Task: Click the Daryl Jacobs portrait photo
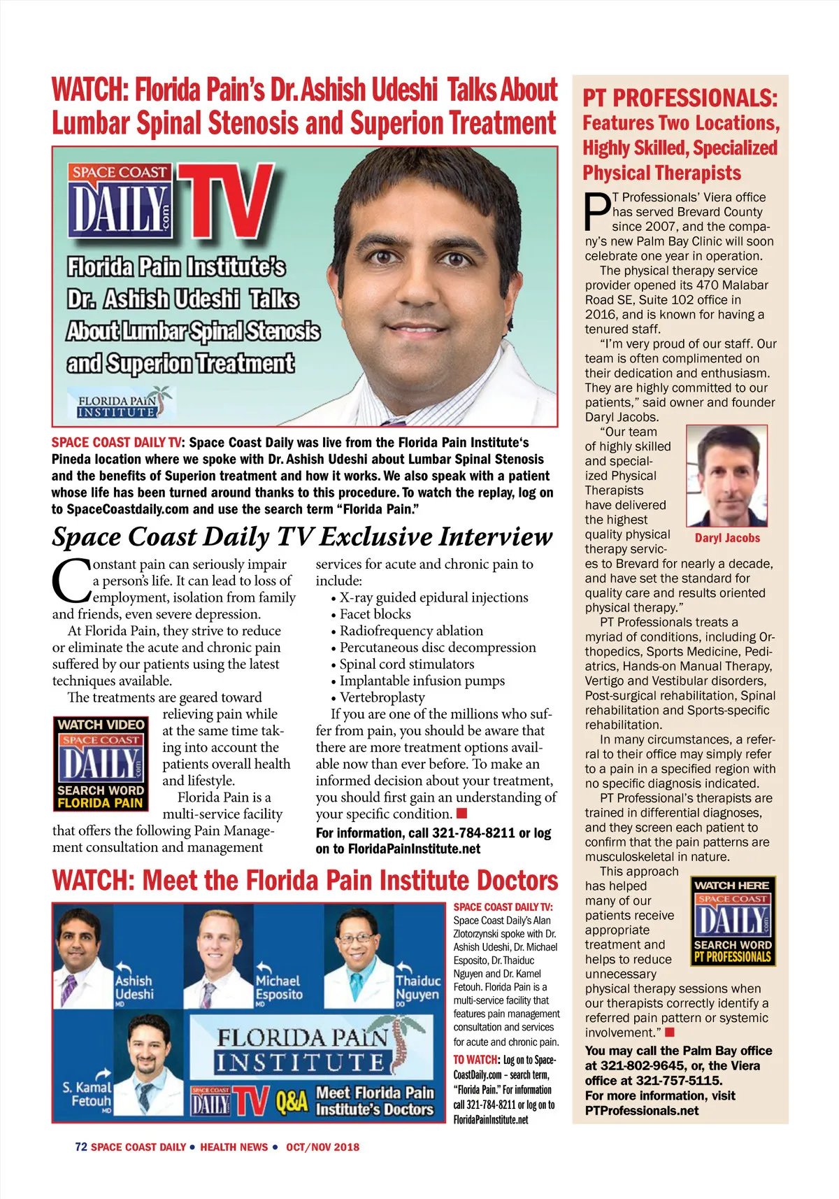pyautogui.click(x=726, y=476)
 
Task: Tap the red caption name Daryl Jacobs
pyautogui.click(x=727, y=538)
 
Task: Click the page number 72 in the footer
pyautogui.click(x=81, y=1147)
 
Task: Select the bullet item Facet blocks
pyautogui.click(x=375, y=614)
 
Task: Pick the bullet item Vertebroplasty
pyautogui.click(x=382, y=697)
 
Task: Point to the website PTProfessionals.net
pyautogui.click(x=642, y=1110)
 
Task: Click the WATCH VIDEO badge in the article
pyautogui.click(x=101, y=763)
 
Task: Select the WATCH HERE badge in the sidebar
pyautogui.click(x=733, y=921)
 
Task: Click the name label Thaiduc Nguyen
pyautogui.click(x=418, y=987)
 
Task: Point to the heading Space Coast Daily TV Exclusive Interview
pyautogui.click(x=302, y=537)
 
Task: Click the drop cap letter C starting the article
pyautogui.click(x=71, y=580)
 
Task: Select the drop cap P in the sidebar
pyautogui.click(x=598, y=211)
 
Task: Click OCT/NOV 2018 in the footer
pyautogui.click(x=322, y=1147)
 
